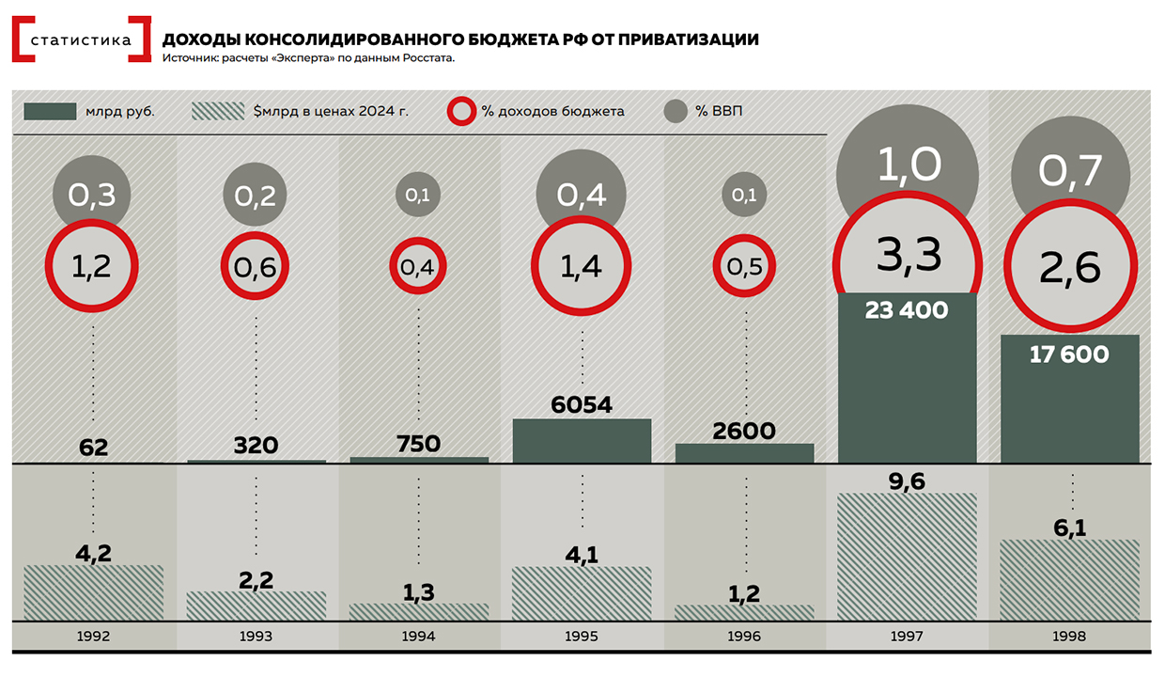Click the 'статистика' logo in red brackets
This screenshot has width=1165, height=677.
pyautogui.click(x=82, y=39)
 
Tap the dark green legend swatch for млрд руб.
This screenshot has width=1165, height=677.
pyautogui.click(x=50, y=111)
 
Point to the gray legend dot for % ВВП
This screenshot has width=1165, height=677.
pyautogui.click(x=676, y=111)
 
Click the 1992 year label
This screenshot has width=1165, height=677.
pyautogui.click(x=94, y=637)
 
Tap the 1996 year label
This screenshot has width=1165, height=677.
pyautogui.click(x=744, y=637)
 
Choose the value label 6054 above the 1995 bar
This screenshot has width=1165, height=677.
pyautogui.click(x=582, y=405)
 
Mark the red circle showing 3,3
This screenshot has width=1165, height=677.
pyautogui.click(x=907, y=255)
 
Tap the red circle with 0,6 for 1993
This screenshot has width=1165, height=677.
pyautogui.click(x=256, y=267)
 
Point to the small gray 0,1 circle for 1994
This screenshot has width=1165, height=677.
pyautogui.click(x=418, y=196)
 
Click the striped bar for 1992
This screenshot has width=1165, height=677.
pyautogui.click(x=94, y=592)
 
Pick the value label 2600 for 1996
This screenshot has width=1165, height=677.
pyautogui.click(x=744, y=432)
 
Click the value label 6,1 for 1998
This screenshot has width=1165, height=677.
pyautogui.click(x=1069, y=528)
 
